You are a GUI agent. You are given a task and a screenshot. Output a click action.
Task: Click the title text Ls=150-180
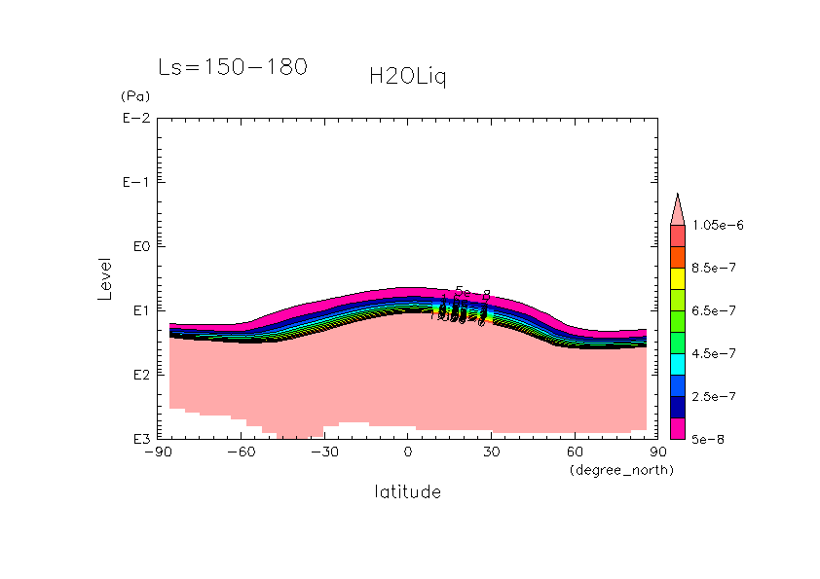pos(233,67)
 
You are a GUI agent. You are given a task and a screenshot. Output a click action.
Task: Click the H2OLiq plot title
pos(407,78)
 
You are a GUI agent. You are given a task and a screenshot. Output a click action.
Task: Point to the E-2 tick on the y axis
pos(134,119)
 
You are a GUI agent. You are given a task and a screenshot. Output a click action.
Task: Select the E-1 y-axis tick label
pos(134,183)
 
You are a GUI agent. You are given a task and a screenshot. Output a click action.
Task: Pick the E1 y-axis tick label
pos(137,310)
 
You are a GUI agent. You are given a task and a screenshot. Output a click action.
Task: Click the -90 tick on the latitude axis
pos(157,452)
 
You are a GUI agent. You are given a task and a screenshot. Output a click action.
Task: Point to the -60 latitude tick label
pos(241,452)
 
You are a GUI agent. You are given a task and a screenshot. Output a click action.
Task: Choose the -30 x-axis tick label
pos(323,452)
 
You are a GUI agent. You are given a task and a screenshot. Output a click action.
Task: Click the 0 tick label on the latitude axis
pos(408,452)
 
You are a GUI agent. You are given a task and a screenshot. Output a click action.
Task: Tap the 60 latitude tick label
pos(574,452)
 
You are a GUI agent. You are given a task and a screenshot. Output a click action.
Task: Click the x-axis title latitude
pos(407,491)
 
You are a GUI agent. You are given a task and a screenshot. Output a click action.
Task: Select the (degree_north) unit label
pos(621,470)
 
